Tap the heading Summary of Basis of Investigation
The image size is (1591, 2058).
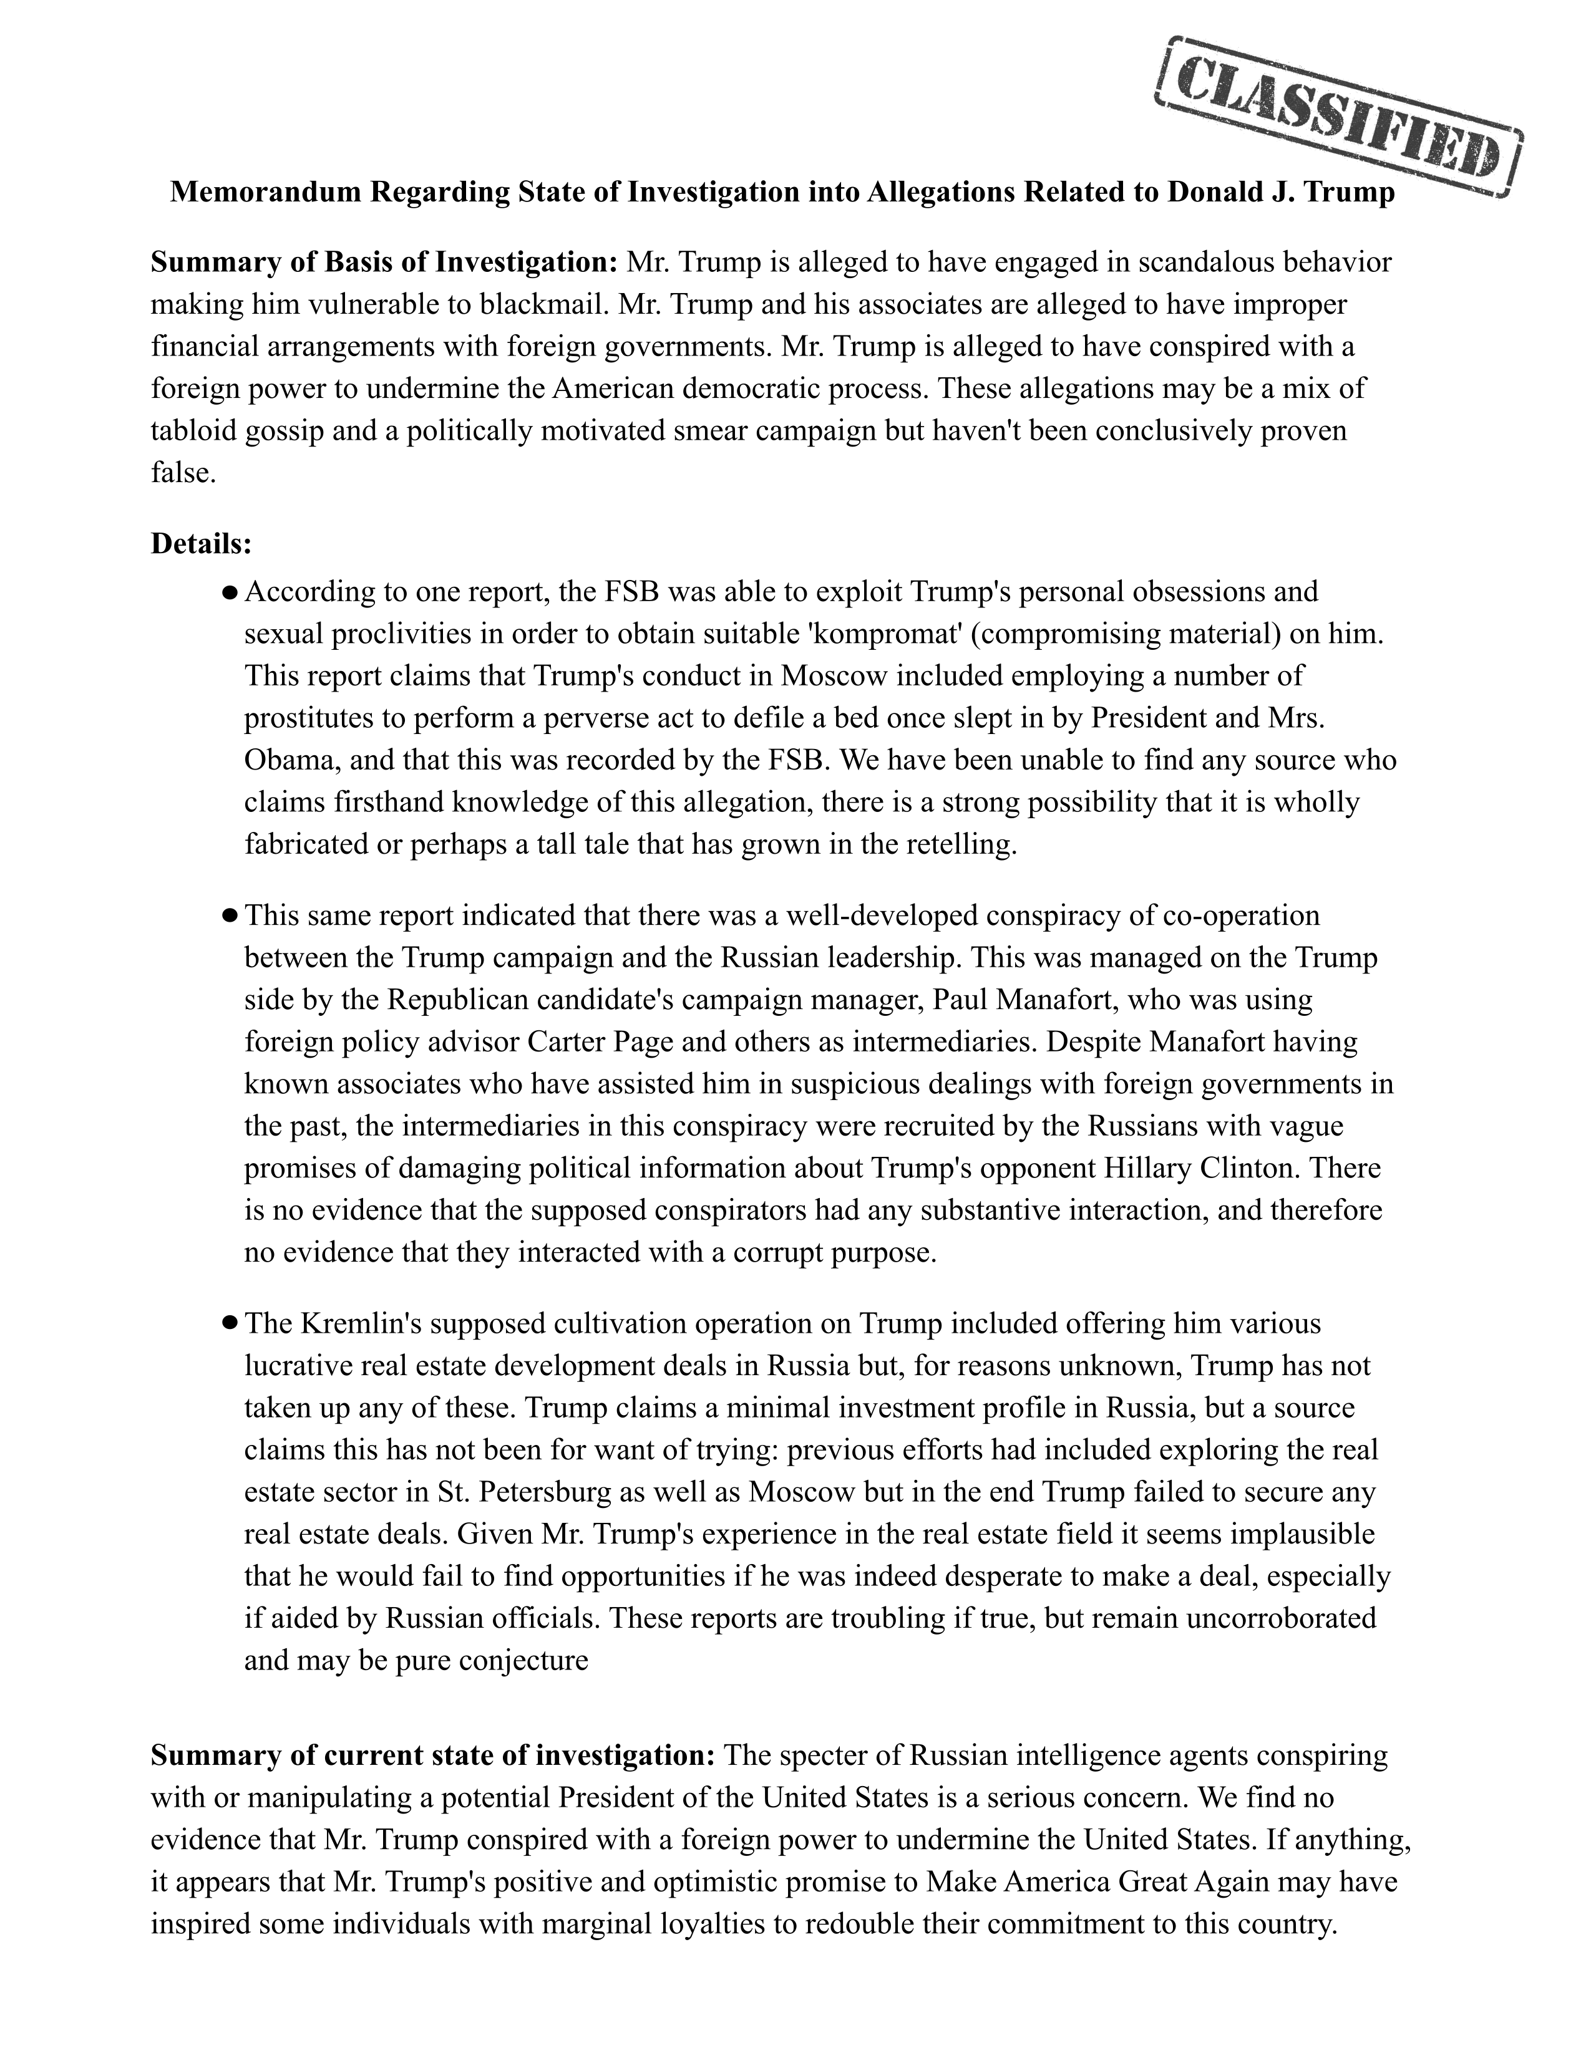click(384, 262)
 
